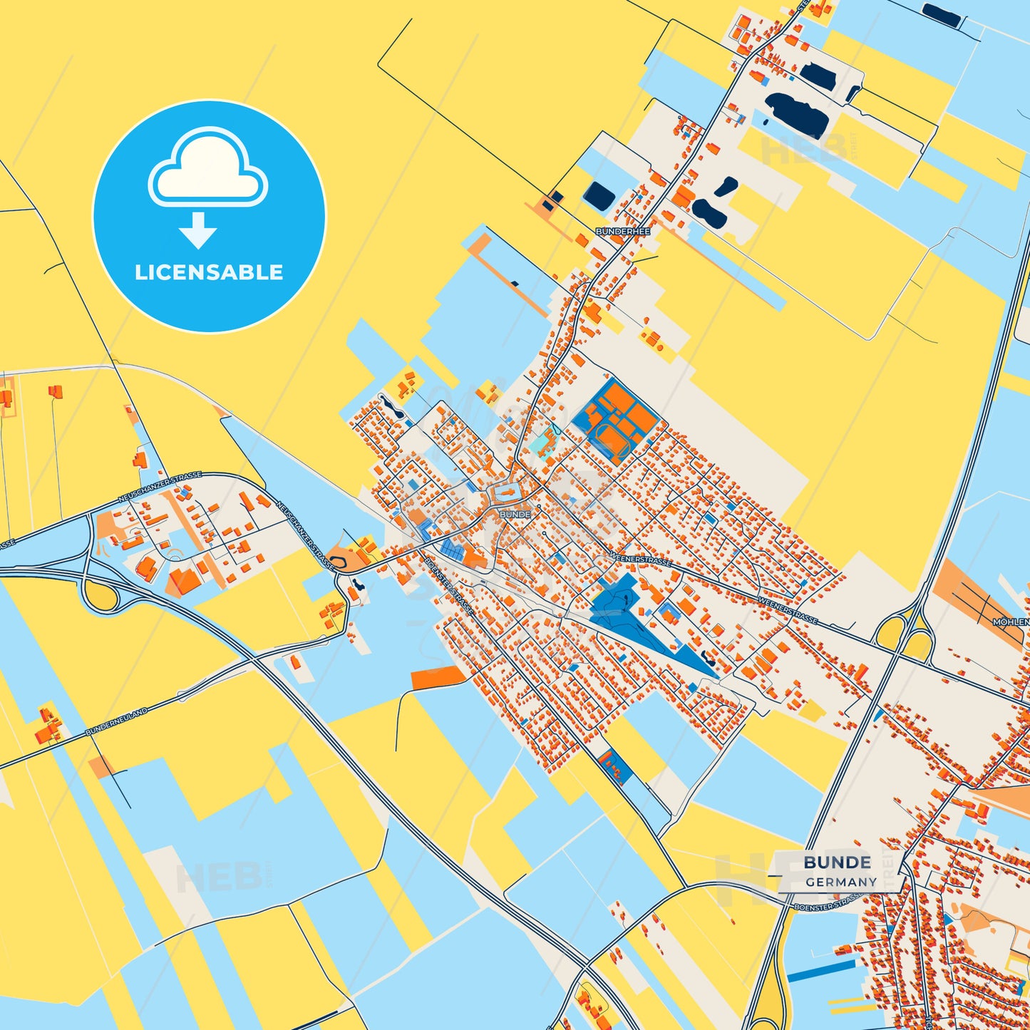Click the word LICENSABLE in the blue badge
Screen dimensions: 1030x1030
pos(209,272)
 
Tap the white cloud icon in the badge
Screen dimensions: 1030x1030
pos(207,169)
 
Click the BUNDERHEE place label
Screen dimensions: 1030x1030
pos(622,232)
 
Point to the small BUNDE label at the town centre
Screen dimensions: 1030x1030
pos(515,514)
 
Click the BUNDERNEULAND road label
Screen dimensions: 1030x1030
pos(116,722)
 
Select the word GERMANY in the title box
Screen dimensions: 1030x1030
pos(841,882)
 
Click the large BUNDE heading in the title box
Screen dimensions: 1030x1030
pos(837,862)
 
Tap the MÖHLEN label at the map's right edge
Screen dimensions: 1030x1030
pos(1011,622)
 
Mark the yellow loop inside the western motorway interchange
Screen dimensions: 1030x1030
pos(100,594)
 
